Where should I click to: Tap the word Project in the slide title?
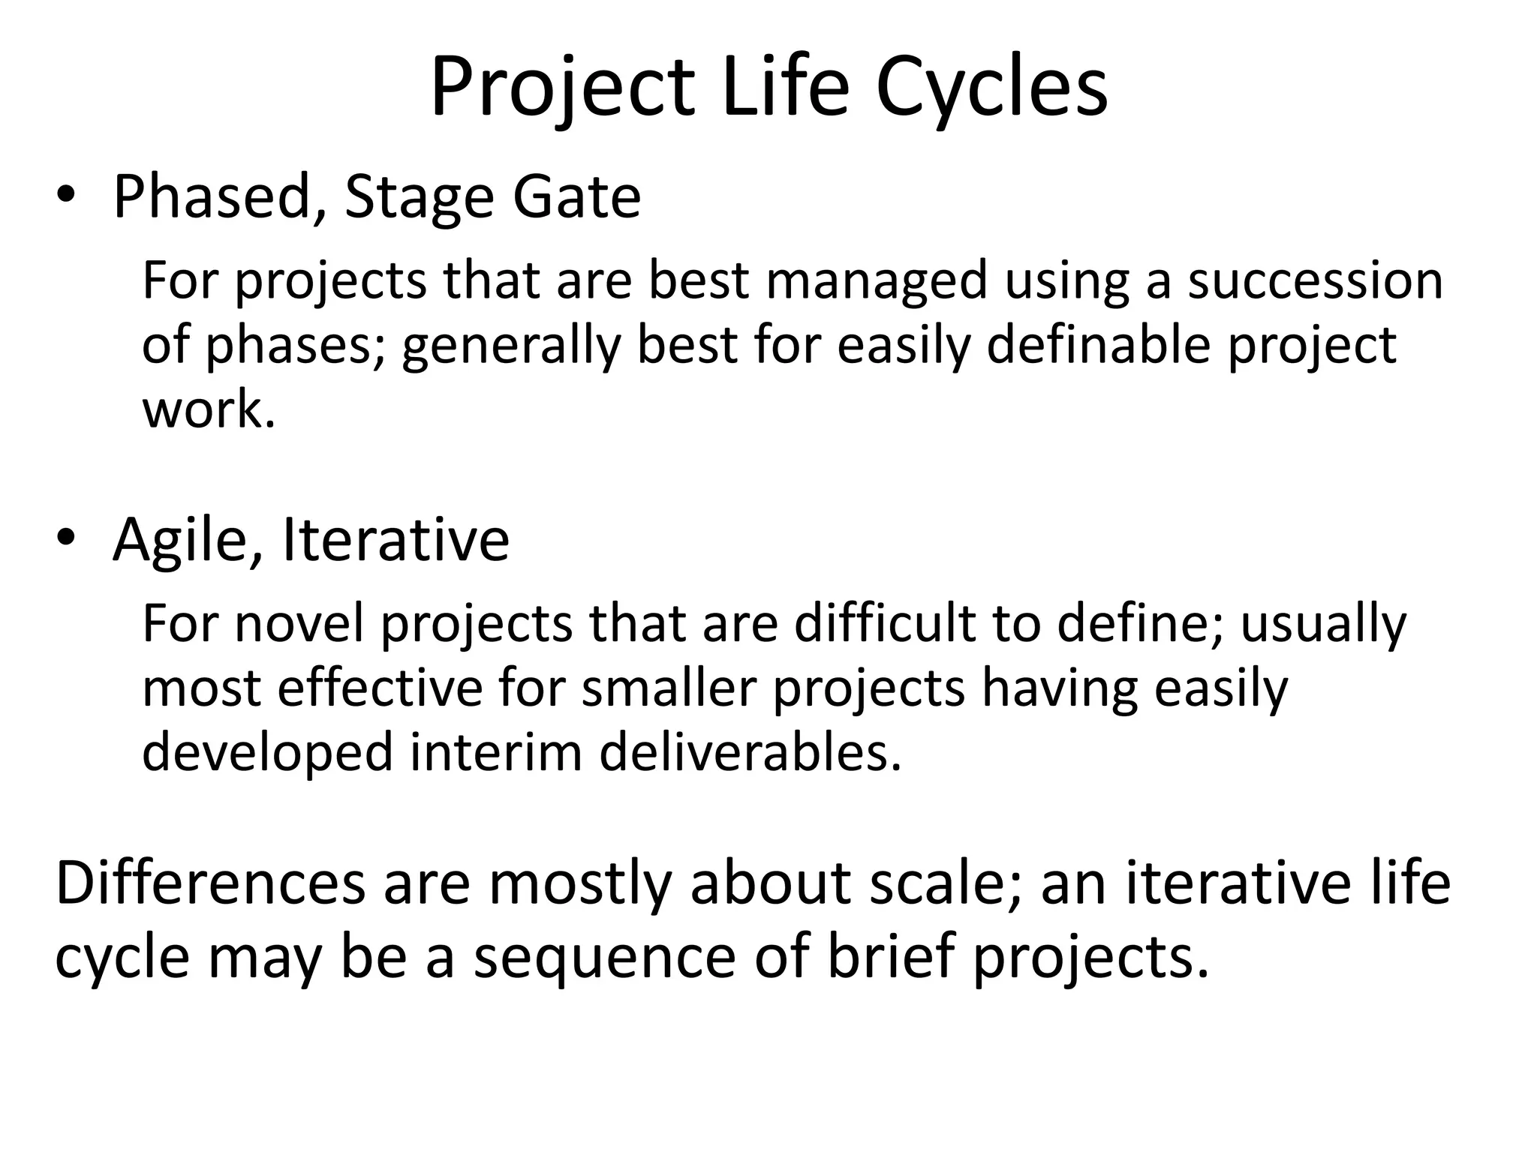[x=561, y=88]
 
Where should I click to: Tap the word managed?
[x=876, y=281]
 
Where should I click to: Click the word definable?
[x=1098, y=345]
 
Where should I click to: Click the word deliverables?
[x=750, y=753]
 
